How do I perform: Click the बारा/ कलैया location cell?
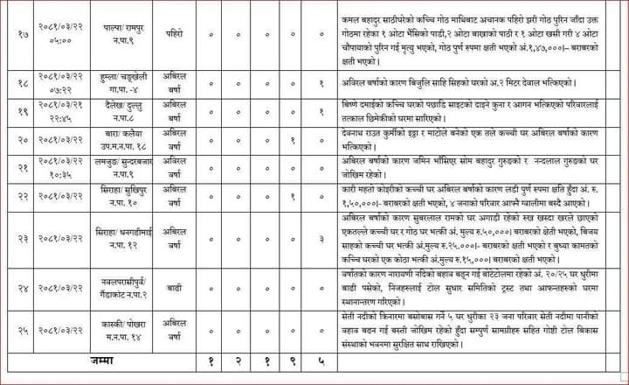click(121, 138)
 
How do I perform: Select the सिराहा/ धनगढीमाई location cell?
click(121, 238)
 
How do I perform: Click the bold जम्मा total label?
click(102, 360)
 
